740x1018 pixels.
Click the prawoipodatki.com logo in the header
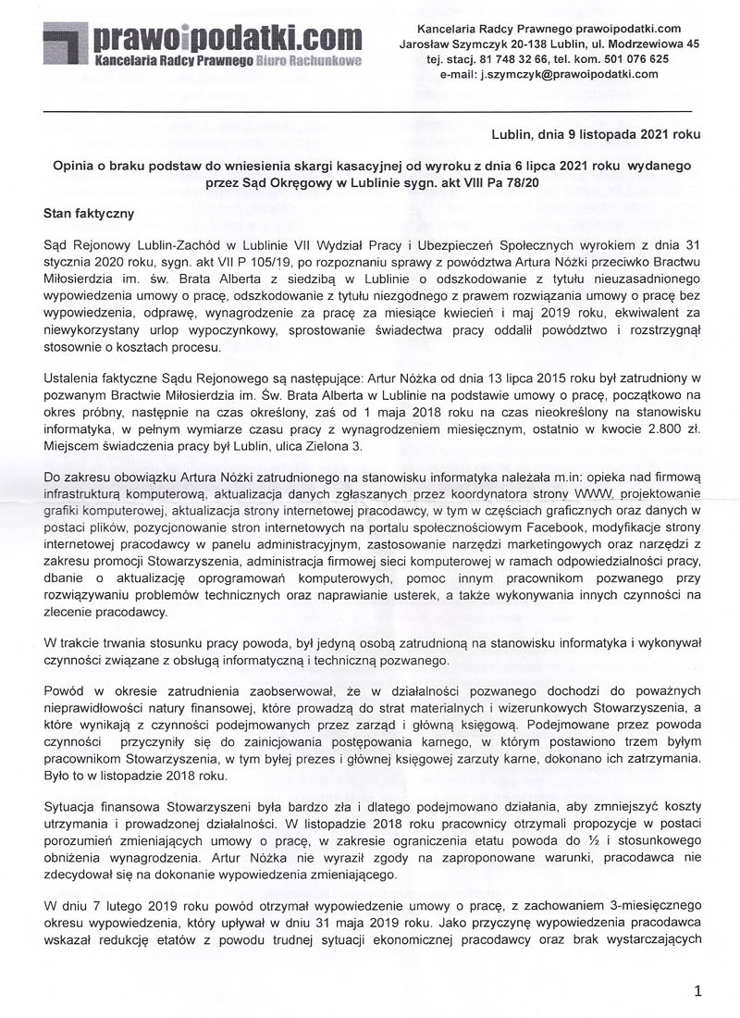click(203, 38)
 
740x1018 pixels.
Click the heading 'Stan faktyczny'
click(89, 213)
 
